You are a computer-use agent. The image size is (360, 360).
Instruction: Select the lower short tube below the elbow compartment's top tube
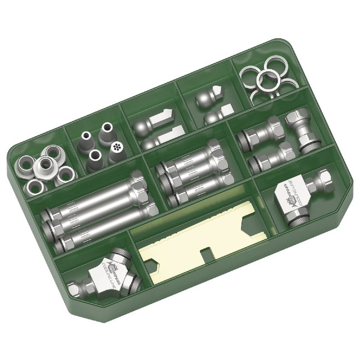click(x=269, y=158)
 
